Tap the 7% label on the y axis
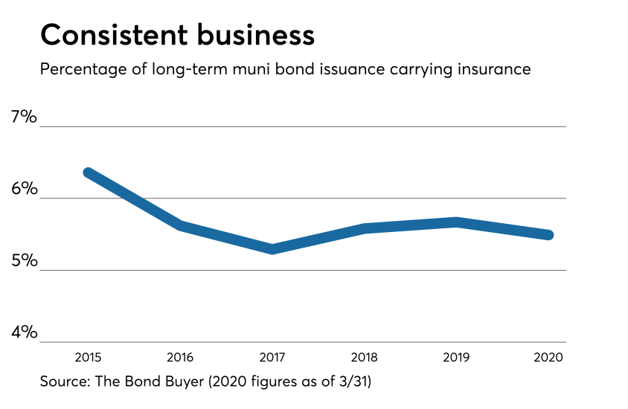(x=23, y=117)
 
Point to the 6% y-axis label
(x=23, y=189)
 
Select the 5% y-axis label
(x=23, y=261)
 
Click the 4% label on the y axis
(x=23, y=332)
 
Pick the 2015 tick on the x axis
(x=89, y=356)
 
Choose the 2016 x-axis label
(x=181, y=356)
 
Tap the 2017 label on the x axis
(x=273, y=356)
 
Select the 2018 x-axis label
(x=365, y=356)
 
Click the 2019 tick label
(x=458, y=356)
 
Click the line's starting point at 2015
(x=89, y=173)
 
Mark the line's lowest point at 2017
(x=273, y=249)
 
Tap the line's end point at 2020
(x=549, y=235)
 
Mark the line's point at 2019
(x=458, y=222)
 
